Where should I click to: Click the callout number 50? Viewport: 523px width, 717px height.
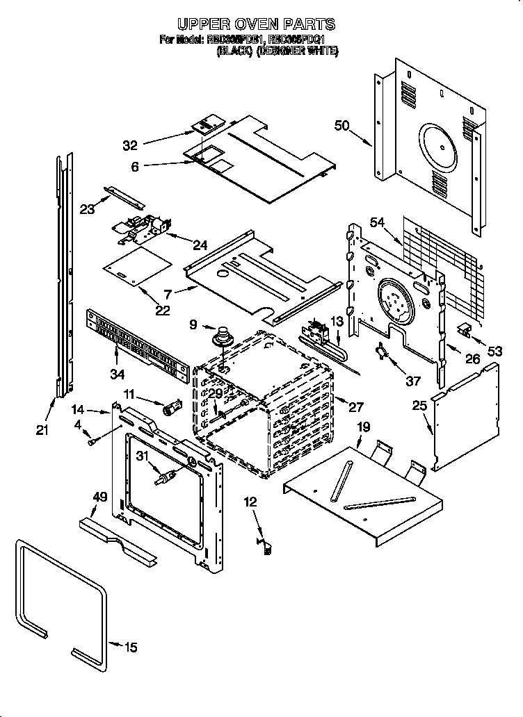click(x=341, y=126)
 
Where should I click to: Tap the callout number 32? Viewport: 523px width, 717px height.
click(x=130, y=145)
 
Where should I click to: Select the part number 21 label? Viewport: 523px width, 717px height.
click(x=42, y=431)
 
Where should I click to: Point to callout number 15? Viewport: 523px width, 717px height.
click(x=130, y=648)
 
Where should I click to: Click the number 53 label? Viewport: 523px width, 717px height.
click(x=494, y=352)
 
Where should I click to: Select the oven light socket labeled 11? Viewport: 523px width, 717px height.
click(x=171, y=407)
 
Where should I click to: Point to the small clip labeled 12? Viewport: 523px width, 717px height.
click(x=264, y=547)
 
